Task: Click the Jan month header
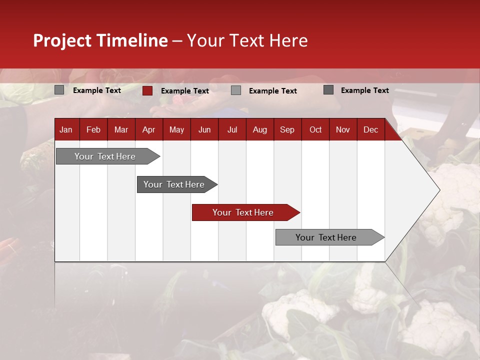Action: coord(66,130)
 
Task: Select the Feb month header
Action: coord(93,130)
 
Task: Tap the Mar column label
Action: coord(121,130)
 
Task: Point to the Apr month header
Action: coord(148,130)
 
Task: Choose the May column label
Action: coord(176,130)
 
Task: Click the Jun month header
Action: coord(204,130)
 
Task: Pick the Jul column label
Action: coord(232,130)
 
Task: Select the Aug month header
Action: coord(260,130)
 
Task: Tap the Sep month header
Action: coord(287,130)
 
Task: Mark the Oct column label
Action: coord(315,130)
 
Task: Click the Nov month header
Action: coord(343,130)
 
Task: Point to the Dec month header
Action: coord(370,130)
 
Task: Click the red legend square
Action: coord(147,90)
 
